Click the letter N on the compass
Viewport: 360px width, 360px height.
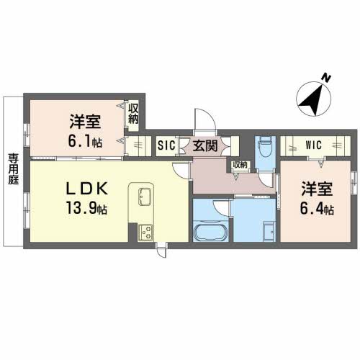tap(326, 78)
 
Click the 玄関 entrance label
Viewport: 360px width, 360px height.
tap(205, 146)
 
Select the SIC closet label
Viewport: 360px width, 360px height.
tap(166, 145)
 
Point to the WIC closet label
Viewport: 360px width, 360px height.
tap(313, 145)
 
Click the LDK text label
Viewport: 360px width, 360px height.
tap(86, 189)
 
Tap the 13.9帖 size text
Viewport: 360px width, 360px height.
tap(86, 208)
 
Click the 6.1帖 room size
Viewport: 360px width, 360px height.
tap(85, 141)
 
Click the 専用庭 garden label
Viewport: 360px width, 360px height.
tap(14, 169)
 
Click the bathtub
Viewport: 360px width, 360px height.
tap(210, 232)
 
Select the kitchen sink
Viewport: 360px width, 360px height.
tap(145, 197)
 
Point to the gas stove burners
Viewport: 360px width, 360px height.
tap(145, 233)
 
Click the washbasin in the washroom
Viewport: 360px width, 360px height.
tap(269, 231)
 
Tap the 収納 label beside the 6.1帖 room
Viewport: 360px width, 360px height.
tap(133, 114)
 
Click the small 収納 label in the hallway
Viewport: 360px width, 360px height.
tap(240, 165)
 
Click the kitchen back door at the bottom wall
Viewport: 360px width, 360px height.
tap(161, 251)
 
